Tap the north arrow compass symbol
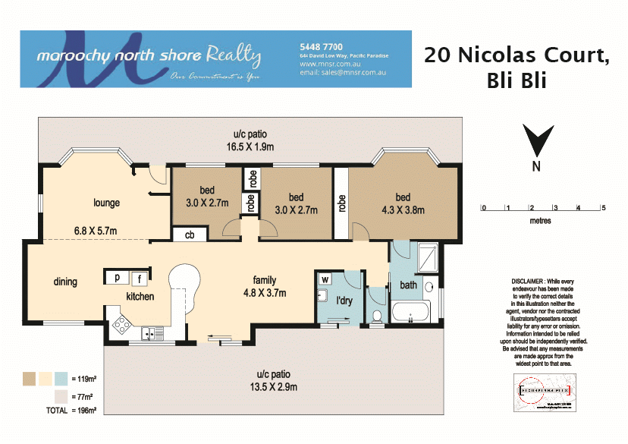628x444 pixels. [x=535, y=142]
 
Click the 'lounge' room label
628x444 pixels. [x=107, y=203]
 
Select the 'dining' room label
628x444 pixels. [x=65, y=282]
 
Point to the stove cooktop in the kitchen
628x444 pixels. [x=121, y=326]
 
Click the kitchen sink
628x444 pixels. [x=152, y=332]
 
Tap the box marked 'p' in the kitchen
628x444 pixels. [x=117, y=279]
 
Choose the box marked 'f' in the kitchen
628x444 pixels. [x=140, y=279]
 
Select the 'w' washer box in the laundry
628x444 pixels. [x=325, y=279]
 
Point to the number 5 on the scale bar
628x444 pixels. [x=603, y=207]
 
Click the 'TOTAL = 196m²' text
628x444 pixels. [x=71, y=410]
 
